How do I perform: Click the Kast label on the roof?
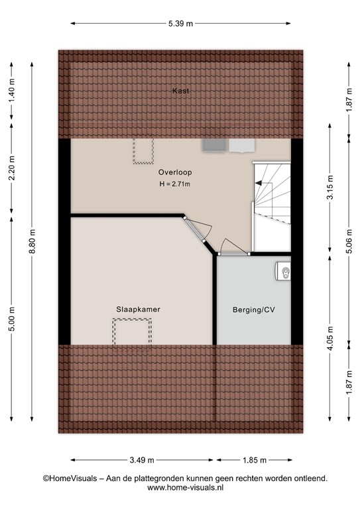pos(180,91)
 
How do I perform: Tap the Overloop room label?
pos(175,172)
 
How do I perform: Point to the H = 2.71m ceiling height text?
pos(174,184)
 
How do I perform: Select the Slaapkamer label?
pos(139,310)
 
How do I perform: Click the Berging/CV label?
pos(254,310)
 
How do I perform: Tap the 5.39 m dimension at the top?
pos(180,24)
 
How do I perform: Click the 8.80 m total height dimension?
pos(32,242)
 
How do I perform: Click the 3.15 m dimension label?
pos(330,188)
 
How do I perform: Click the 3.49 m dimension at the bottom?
pos(142,460)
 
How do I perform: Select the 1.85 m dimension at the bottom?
pos(255,460)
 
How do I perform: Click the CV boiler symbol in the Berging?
pos(283,271)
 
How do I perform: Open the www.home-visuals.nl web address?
pos(185,487)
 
